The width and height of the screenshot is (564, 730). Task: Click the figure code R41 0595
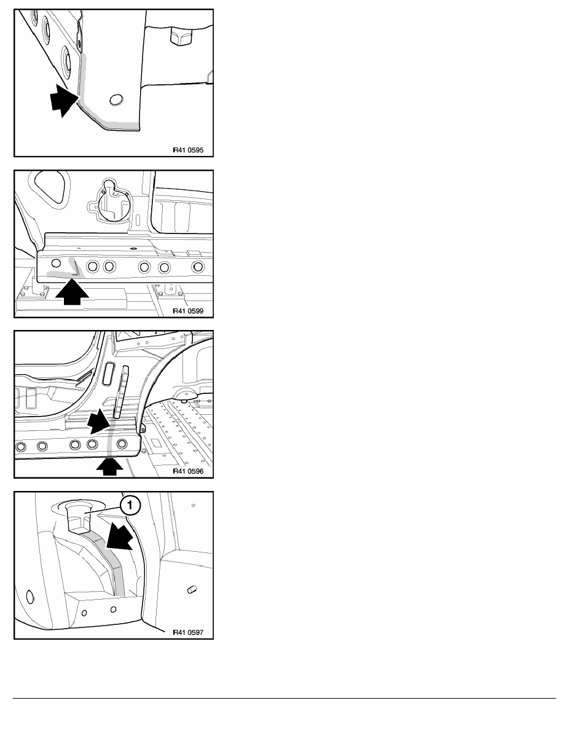(188, 151)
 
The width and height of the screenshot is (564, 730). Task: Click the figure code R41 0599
(188, 311)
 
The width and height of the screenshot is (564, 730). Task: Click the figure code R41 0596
(188, 471)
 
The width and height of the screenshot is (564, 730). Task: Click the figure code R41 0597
(188, 632)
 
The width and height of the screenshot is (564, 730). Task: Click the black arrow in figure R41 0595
(63, 100)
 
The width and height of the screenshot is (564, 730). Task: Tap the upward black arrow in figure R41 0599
(72, 292)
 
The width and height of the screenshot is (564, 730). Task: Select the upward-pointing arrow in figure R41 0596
(109, 466)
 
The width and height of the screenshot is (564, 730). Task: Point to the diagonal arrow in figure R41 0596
(99, 422)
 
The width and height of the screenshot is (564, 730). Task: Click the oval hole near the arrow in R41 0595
(116, 100)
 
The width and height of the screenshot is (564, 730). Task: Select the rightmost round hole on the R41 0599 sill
(198, 267)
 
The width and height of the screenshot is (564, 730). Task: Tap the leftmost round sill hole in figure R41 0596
(20, 447)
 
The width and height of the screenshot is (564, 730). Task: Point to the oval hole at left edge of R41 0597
(30, 597)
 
